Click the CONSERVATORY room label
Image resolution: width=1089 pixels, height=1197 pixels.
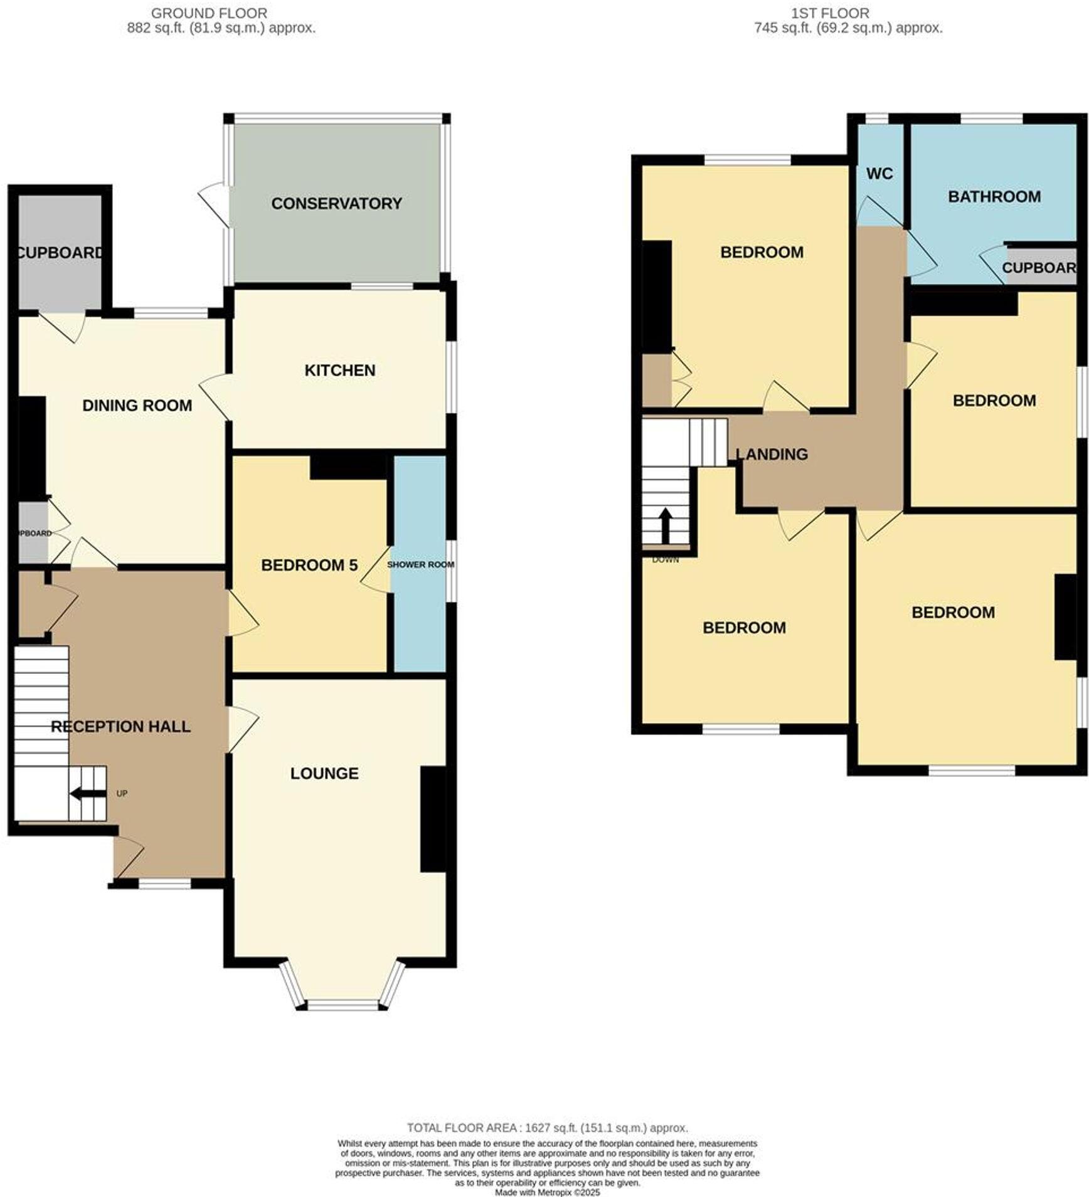point(336,203)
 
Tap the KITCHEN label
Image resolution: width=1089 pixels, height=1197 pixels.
point(340,370)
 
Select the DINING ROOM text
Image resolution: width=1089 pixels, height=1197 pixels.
point(137,405)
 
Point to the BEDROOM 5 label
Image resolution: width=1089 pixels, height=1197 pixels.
point(309,565)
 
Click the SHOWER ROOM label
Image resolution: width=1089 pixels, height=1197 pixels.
point(420,564)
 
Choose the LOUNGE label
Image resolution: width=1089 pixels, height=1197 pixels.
point(324,773)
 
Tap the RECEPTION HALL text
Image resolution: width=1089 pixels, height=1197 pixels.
point(120,726)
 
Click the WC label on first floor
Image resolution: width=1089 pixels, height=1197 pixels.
point(879,174)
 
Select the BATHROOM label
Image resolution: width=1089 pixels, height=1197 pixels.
point(994,196)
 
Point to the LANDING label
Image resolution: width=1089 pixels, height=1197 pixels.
point(772,454)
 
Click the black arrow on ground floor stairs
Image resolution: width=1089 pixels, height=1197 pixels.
point(87,794)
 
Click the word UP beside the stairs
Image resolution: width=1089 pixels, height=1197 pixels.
point(122,793)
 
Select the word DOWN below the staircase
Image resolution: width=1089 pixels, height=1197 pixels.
point(666,560)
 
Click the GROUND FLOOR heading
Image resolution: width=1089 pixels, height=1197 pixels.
point(209,13)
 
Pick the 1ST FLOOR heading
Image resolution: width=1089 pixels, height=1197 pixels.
point(830,13)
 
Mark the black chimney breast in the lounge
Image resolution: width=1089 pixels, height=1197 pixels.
point(433,819)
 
